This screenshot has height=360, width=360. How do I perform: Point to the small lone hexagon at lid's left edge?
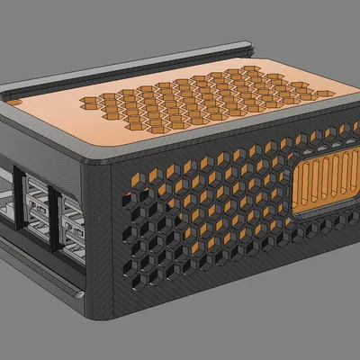pos(15,102)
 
